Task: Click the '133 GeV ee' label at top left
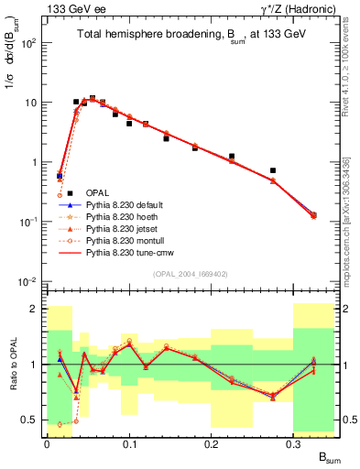click(63, 9)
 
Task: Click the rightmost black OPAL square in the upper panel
click(273, 170)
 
